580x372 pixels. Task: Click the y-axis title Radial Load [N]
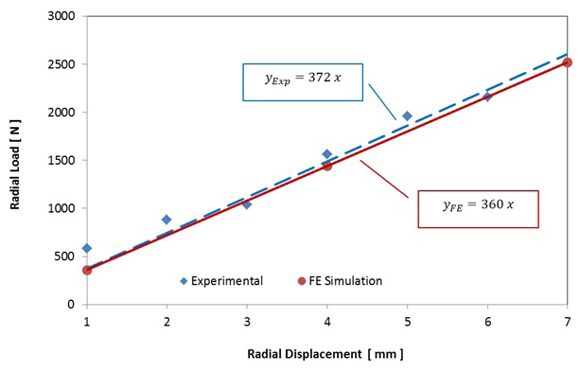click(18, 160)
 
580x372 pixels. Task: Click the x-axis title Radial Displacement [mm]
click(325, 354)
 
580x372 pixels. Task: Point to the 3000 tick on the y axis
click(63, 17)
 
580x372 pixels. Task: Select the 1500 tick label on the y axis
click(63, 161)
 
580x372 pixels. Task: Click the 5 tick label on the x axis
click(407, 322)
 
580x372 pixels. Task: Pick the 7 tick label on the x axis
click(567, 322)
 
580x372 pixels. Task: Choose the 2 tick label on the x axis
click(167, 322)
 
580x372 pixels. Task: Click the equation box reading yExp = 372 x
click(302, 80)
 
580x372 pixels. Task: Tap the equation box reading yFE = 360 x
click(478, 209)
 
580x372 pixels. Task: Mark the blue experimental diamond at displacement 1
click(87, 248)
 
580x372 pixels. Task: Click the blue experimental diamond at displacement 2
click(167, 220)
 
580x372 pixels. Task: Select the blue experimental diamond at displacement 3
click(247, 204)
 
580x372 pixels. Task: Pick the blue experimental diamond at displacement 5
click(407, 116)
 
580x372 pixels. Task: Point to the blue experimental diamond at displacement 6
click(487, 97)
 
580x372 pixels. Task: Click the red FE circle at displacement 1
click(87, 270)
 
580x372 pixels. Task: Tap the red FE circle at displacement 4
click(327, 166)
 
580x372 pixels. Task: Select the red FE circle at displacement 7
click(567, 62)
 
